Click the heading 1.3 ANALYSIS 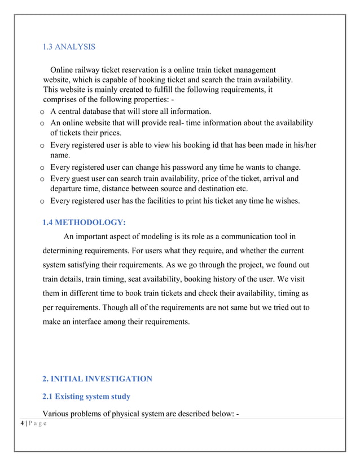[69, 46]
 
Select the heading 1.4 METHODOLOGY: [84, 222]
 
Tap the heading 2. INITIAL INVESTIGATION [97, 379]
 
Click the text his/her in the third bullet [304, 145]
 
